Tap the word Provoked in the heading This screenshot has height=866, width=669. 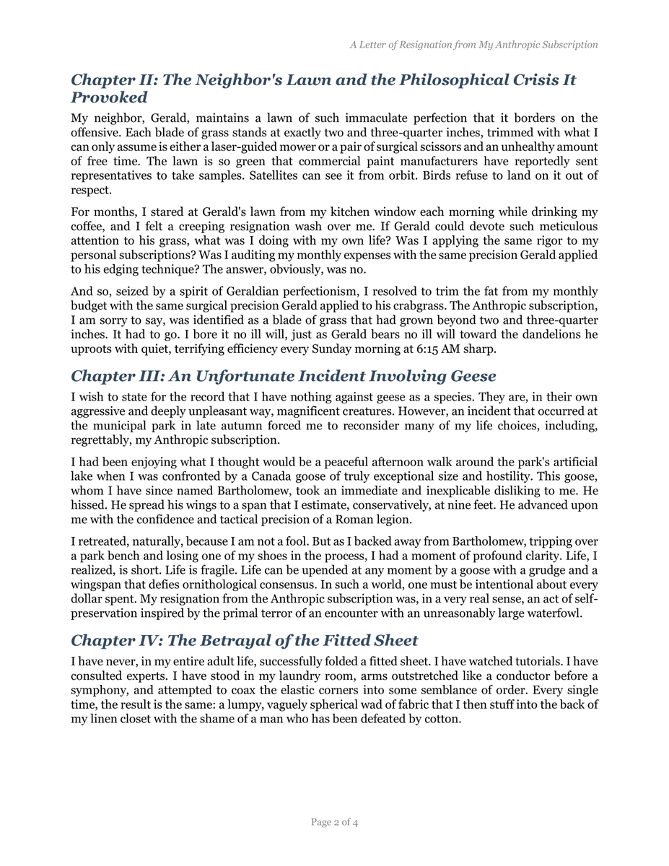pos(109,97)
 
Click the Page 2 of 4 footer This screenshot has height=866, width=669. pos(334,822)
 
